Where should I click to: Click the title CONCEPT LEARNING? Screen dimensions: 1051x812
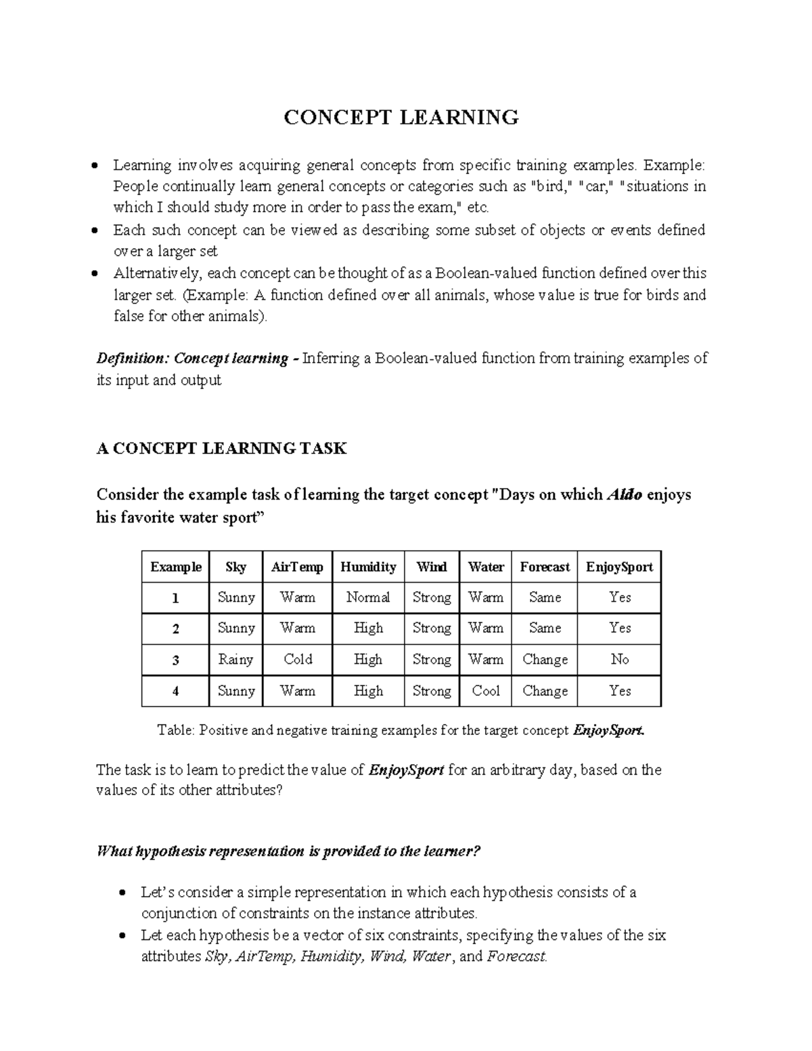401,117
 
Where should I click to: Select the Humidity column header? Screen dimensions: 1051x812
368,566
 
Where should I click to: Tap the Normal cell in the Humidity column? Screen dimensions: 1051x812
368,597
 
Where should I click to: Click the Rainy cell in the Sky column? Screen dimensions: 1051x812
235,659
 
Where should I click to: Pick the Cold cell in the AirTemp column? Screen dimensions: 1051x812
298,659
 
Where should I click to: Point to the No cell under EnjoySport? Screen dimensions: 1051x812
619,659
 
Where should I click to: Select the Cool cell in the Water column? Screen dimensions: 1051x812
486,691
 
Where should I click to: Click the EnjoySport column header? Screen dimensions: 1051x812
619,566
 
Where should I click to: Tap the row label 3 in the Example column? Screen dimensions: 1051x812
176,660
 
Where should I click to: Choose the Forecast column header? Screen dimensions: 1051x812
545,566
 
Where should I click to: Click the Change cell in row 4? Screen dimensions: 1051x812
545,691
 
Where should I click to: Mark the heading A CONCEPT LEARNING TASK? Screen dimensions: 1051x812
221,448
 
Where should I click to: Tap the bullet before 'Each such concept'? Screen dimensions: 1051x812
95,231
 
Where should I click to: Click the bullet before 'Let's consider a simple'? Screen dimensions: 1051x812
122,893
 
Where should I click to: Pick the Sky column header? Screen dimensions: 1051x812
235,566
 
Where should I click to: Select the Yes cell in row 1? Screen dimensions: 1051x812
619,597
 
